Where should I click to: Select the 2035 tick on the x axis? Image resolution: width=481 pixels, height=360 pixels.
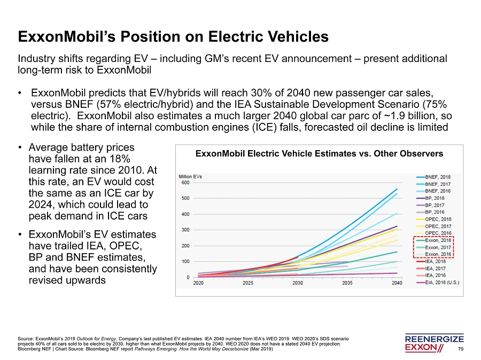347,283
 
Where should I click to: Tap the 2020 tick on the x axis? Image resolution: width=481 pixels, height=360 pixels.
199,283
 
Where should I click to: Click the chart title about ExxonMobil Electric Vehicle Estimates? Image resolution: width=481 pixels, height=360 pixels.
319,154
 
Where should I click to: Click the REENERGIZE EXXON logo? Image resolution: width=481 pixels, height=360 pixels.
435,344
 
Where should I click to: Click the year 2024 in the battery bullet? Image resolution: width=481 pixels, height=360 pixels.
38,205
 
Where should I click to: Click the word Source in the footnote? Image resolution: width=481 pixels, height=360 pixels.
25,339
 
